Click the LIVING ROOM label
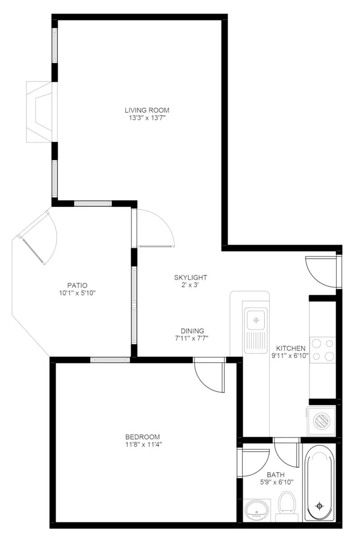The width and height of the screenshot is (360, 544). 147,110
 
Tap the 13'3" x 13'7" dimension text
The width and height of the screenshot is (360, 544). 147,118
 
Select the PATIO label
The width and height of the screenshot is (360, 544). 77,285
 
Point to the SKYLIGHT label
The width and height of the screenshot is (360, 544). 190,277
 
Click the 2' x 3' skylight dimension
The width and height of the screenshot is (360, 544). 190,286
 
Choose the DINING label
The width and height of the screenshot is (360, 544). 192,331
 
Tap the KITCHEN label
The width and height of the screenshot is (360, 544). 288,348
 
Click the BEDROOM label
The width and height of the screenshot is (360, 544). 144,437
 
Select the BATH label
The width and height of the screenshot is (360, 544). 276,475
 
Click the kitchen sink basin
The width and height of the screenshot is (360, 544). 256,320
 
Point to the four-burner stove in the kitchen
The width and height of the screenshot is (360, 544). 322,350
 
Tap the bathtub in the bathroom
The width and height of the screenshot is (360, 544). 320,483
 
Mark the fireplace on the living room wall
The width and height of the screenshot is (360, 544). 40,112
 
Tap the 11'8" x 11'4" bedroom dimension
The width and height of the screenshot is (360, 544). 144,445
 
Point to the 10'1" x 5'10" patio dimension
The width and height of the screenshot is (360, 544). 77,293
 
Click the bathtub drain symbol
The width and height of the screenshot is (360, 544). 320,506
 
